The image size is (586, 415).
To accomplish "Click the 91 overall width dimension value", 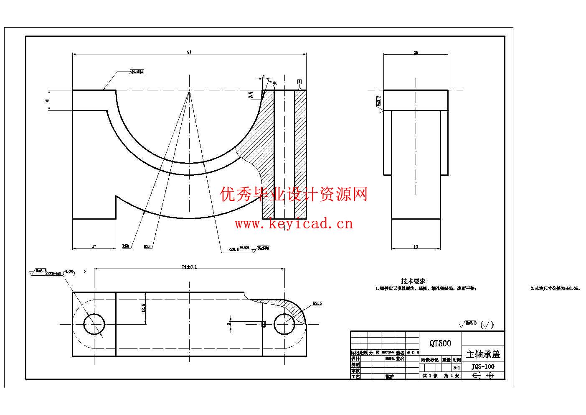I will click(x=189, y=52).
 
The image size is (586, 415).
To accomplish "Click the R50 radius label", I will click(x=125, y=246).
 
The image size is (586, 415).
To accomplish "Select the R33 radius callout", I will click(x=147, y=246).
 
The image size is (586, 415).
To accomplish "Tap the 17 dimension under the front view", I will click(x=94, y=246).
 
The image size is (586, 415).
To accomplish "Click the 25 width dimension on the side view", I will click(x=416, y=53).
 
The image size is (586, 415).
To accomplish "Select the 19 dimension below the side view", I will click(x=416, y=247).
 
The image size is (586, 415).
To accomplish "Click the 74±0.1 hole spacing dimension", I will click(x=189, y=266).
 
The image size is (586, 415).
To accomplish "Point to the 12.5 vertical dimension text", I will click(x=143, y=308).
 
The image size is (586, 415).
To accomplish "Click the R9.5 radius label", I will click(x=317, y=304).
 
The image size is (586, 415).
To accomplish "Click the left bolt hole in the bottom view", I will click(x=94, y=324).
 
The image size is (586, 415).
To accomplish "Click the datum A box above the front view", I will click(x=299, y=81).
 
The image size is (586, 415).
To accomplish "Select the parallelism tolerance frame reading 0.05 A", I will click(x=137, y=72).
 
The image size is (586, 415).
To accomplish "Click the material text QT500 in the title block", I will click(x=440, y=343).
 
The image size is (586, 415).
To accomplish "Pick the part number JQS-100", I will click(x=483, y=366).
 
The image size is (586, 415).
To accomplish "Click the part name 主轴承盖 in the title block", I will click(x=483, y=354).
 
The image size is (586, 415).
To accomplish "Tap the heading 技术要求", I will click(x=413, y=281).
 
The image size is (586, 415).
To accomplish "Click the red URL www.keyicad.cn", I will click(x=294, y=224).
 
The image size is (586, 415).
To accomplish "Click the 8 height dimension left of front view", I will click(x=48, y=100).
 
